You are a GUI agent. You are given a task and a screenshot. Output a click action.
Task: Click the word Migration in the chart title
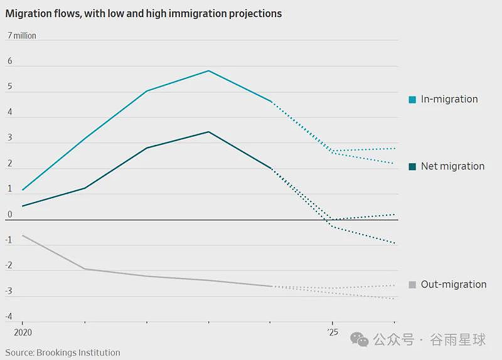[28, 14]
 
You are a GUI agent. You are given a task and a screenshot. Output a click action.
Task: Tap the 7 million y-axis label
[22, 36]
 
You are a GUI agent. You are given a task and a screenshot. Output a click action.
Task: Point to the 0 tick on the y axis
[10, 214]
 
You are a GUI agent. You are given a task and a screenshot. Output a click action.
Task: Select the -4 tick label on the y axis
[9, 317]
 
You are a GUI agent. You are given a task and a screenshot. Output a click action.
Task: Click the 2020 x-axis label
[23, 332]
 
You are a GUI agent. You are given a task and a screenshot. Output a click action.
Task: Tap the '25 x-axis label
[333, 332]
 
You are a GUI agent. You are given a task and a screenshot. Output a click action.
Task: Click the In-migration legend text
[449, 99]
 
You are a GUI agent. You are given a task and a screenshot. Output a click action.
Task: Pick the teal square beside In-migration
[412, 100]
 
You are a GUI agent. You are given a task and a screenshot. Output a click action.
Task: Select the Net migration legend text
[452, 166]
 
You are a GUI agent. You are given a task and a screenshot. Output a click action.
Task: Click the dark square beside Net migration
[412, 166]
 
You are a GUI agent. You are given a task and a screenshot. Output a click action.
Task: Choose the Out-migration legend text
[454, 284]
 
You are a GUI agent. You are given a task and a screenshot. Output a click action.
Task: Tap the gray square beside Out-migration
[412, 285]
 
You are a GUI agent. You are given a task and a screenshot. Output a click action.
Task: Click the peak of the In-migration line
[209, 71]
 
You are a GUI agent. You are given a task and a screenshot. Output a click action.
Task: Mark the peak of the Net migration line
[209, 132]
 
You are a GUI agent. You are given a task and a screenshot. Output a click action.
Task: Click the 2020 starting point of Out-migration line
[23, 236]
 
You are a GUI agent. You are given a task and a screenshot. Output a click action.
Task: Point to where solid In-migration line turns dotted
[271, 102]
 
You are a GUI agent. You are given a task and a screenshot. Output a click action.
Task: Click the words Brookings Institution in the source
[78, 352]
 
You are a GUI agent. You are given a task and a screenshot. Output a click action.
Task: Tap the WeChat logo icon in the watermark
[360, 339]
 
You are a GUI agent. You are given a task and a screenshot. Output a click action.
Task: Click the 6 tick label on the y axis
[10, 61]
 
